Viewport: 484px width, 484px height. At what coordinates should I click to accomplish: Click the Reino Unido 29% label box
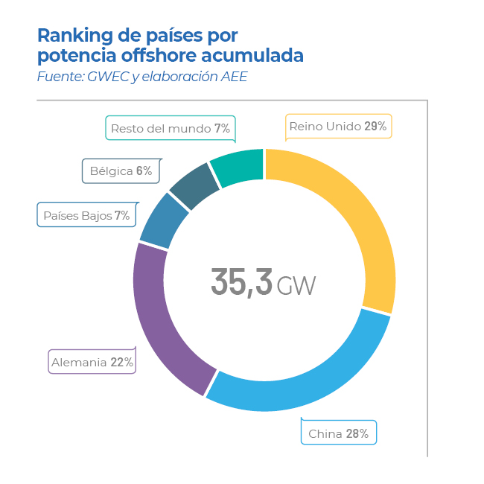(x=338, y=127)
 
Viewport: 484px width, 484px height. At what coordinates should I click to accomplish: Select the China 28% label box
(x=338, y=433)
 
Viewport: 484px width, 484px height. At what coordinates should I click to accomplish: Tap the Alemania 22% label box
(x=92, y=362)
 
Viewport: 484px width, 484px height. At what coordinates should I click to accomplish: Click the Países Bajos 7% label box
(x=86, y=216)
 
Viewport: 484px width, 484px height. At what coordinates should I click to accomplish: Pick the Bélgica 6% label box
(x=121, y=171)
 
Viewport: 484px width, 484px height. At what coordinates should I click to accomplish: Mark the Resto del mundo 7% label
(x=170, y=128)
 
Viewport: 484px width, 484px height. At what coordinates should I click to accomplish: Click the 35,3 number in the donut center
(x=241, y=282)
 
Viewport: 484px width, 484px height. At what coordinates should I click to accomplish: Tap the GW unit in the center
(x=296, y=285)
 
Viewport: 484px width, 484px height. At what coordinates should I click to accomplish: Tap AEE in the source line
(x=233, y=76)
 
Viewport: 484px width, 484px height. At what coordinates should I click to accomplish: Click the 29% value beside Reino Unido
(x=375, y=127)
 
